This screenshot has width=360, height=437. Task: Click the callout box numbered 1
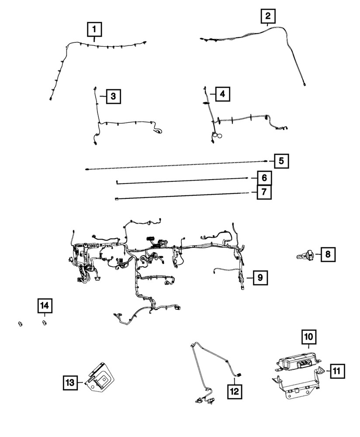[x=94, y=30]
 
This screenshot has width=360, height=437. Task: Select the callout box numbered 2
[x=267, y=17]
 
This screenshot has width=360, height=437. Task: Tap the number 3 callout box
[x=113, y=96]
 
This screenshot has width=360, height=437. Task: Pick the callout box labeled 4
[x=222, y=94]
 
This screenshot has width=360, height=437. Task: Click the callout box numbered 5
[x=281, y=161]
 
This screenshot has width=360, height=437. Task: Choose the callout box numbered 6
[x=263, y=178]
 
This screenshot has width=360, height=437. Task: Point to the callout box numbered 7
[x=263, y=192]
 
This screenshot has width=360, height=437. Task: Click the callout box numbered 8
[x=328, y=254]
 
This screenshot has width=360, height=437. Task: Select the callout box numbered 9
[x=260, y=277]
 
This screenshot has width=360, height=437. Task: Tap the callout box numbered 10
[x=308, y=337]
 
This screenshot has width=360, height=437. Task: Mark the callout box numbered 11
[x=336, y=371]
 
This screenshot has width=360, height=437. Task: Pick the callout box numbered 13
[x=69, y=383]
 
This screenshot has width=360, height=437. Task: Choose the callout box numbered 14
[x=43, y=305]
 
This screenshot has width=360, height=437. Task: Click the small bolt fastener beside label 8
[x=305, y=255]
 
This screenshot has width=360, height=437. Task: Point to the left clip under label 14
[x=20, y=324]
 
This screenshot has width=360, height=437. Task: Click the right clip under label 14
[x=44, y=323]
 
